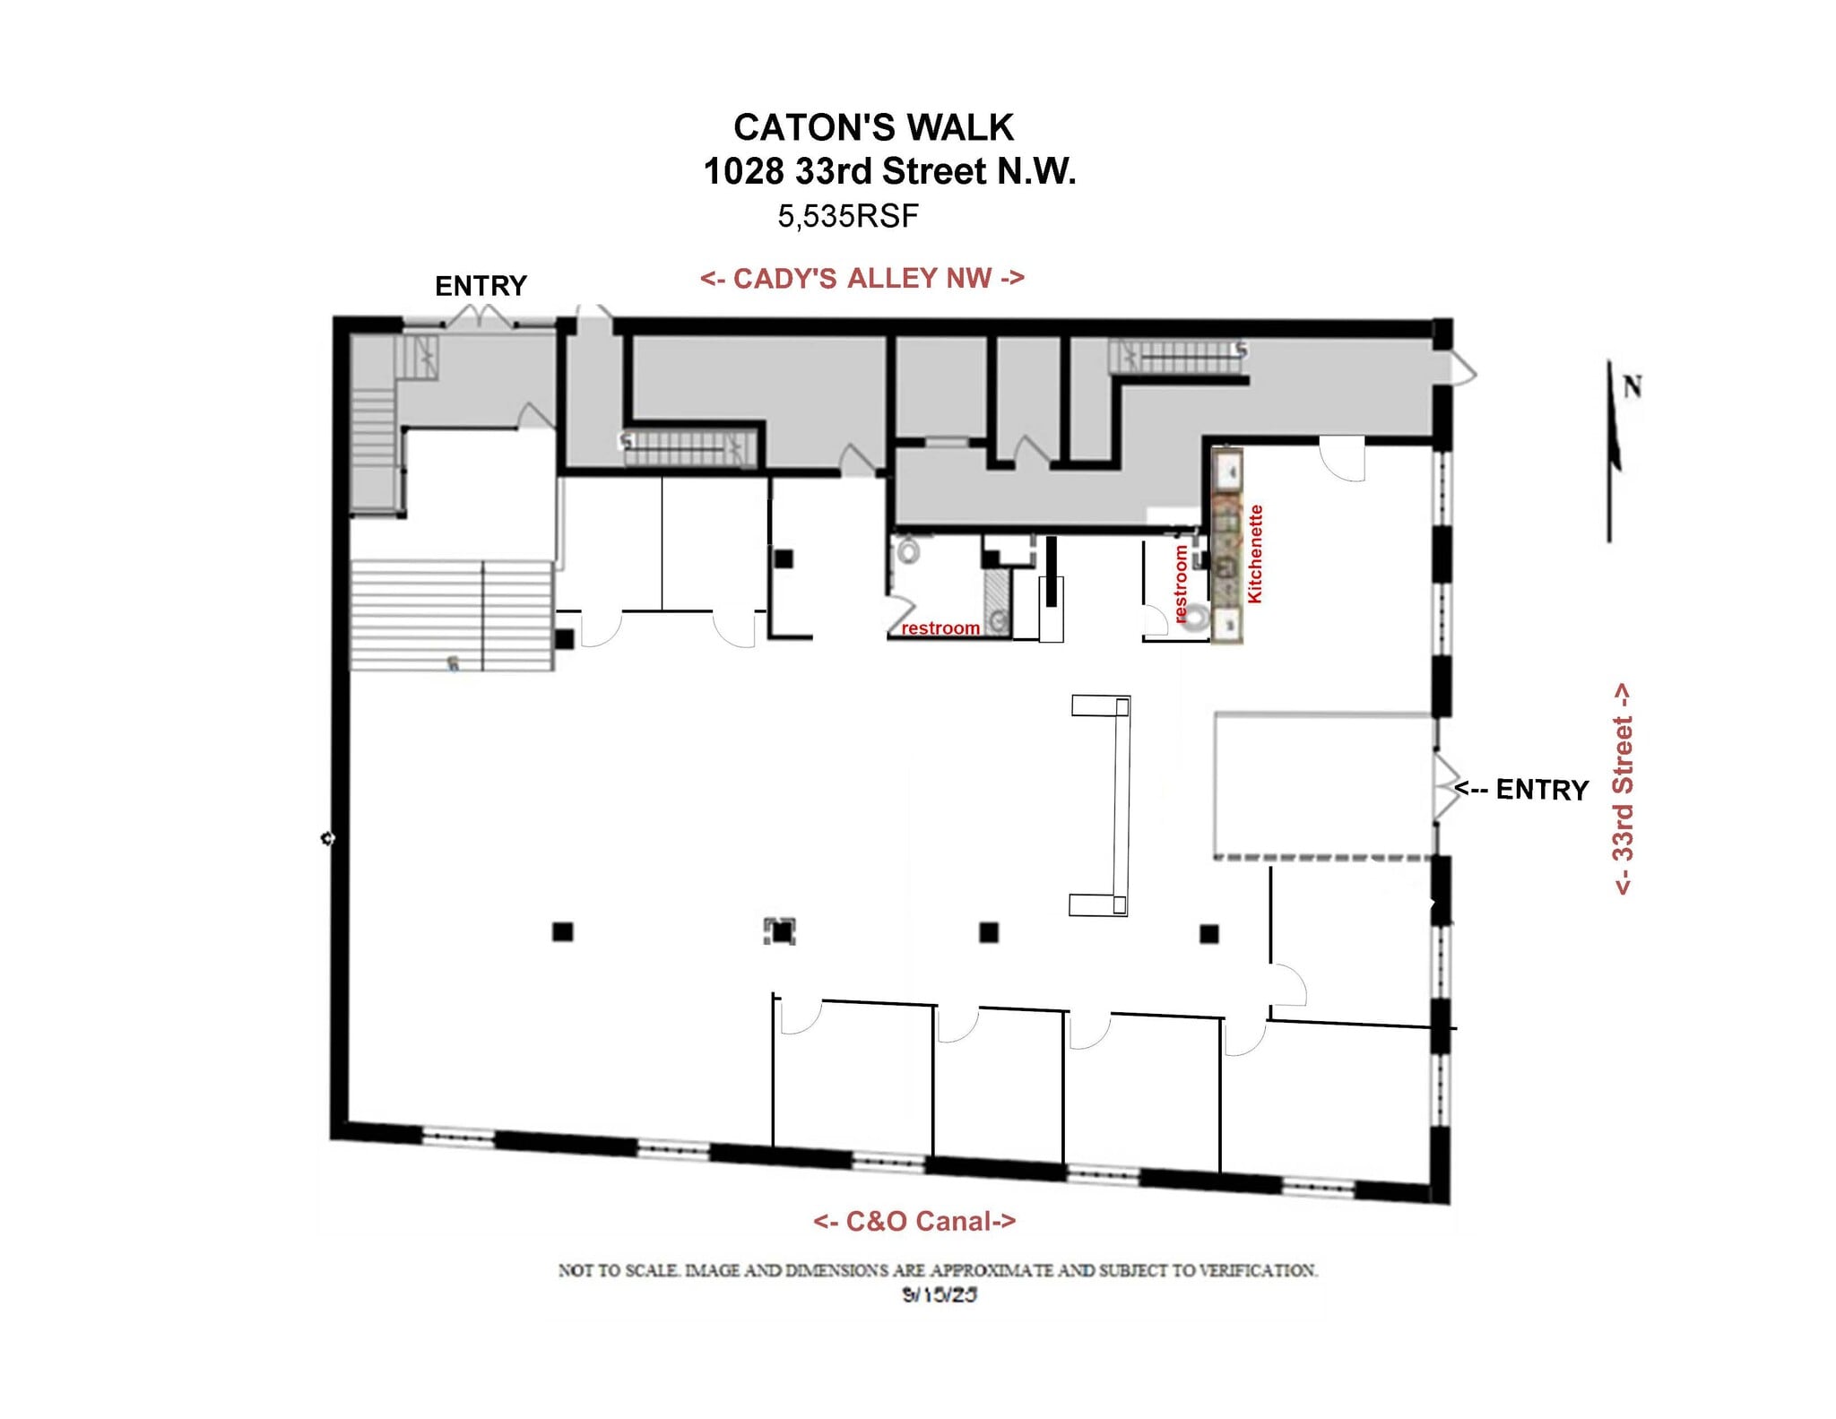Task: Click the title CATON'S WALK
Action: click(873, 127)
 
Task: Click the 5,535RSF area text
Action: click(847, 216)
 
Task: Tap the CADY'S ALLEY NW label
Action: click(862, 278)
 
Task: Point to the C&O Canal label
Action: click(914, 1221)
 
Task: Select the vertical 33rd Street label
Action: click(1623, 789)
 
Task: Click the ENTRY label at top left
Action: click(481, 286)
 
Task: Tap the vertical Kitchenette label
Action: click(1255, 553)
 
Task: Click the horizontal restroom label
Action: click(940, 628)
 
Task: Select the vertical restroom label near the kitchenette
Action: click(1181, 584)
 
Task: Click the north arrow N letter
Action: click(1632, 387)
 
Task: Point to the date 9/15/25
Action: click(939, 1294)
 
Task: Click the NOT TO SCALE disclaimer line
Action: click(938, 1270)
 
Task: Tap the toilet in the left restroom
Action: click(908, 549)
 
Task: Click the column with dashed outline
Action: click(782, 931)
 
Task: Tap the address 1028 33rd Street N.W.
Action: click(888, 171)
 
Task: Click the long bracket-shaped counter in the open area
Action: click(1120, 804)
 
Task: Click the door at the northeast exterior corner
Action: click(1460, 369)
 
